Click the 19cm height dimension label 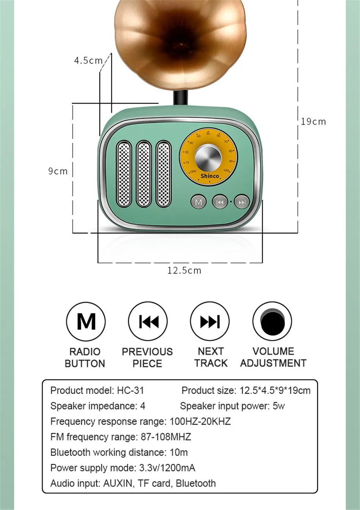[313, 122]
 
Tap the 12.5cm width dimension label [184, 271]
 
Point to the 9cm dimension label [58, 171]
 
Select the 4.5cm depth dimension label [88, 61]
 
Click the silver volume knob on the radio [208, 157]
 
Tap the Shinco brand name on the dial [210, 176]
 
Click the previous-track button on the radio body [220, 202]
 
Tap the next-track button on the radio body [242, 202]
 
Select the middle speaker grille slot [144, 174]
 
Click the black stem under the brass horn [181, 97]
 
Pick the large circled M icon [86, 321]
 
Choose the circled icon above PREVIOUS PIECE [148, 321]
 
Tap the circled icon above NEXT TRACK [210, 321]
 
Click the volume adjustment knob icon [272, 321]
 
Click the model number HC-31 [130, 391]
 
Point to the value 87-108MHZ [166, 437]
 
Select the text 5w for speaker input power [279, 406]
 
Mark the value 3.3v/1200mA [167, 468]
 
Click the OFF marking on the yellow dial [193, 171]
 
